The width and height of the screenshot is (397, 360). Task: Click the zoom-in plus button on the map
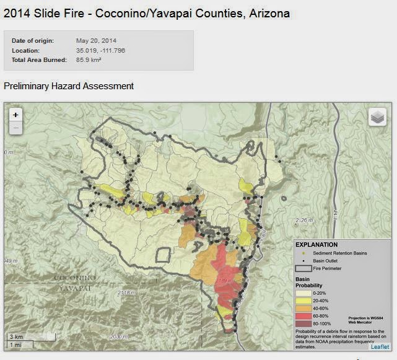pyautogui.click(x=16, y=115)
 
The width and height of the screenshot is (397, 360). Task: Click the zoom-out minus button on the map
pyautogui.click(x=16, y=128)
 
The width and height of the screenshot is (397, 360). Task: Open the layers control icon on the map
pyautogui.click(x=377, y=116)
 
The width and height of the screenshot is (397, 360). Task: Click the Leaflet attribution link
pyautogui.click(x=380, y=346)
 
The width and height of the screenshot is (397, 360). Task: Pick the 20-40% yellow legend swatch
pyautogui.click(x=303, y=299)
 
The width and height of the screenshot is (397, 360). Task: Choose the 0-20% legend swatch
pyautogui.click(x=303, y=291)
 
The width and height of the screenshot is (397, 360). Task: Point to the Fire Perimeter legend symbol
pyautogui.click(x=303, y=269)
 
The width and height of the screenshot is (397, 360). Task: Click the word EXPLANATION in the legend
pyautogui.click(x=316, y=245)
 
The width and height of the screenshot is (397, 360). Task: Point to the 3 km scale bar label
pyautogui.click(x=15, y=336)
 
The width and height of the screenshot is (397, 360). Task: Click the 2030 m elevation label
pyautogui.click(x=118, y=336)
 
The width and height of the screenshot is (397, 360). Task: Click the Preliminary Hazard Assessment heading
pyautogui.click(x=69, y=86)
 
